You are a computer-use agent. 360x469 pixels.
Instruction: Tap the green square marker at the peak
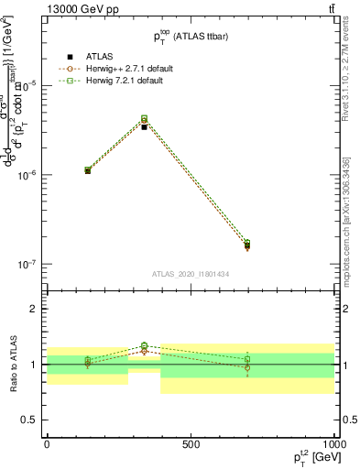tap(145, 118)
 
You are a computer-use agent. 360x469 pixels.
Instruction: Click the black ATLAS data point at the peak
tap(145, 126)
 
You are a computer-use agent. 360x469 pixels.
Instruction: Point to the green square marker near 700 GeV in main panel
tap(247, 243)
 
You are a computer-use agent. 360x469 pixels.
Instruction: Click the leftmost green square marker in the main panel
tap(88, 169)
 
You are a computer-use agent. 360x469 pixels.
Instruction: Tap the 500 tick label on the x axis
tap(191, 444)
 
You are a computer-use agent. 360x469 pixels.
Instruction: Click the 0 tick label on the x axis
tap(47, 444)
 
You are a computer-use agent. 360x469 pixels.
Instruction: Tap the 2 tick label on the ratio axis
tap(36, 310)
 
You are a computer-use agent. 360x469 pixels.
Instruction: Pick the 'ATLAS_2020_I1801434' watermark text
tap(191, 274)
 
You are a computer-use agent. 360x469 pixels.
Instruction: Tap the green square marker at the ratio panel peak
tap(145, 346)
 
